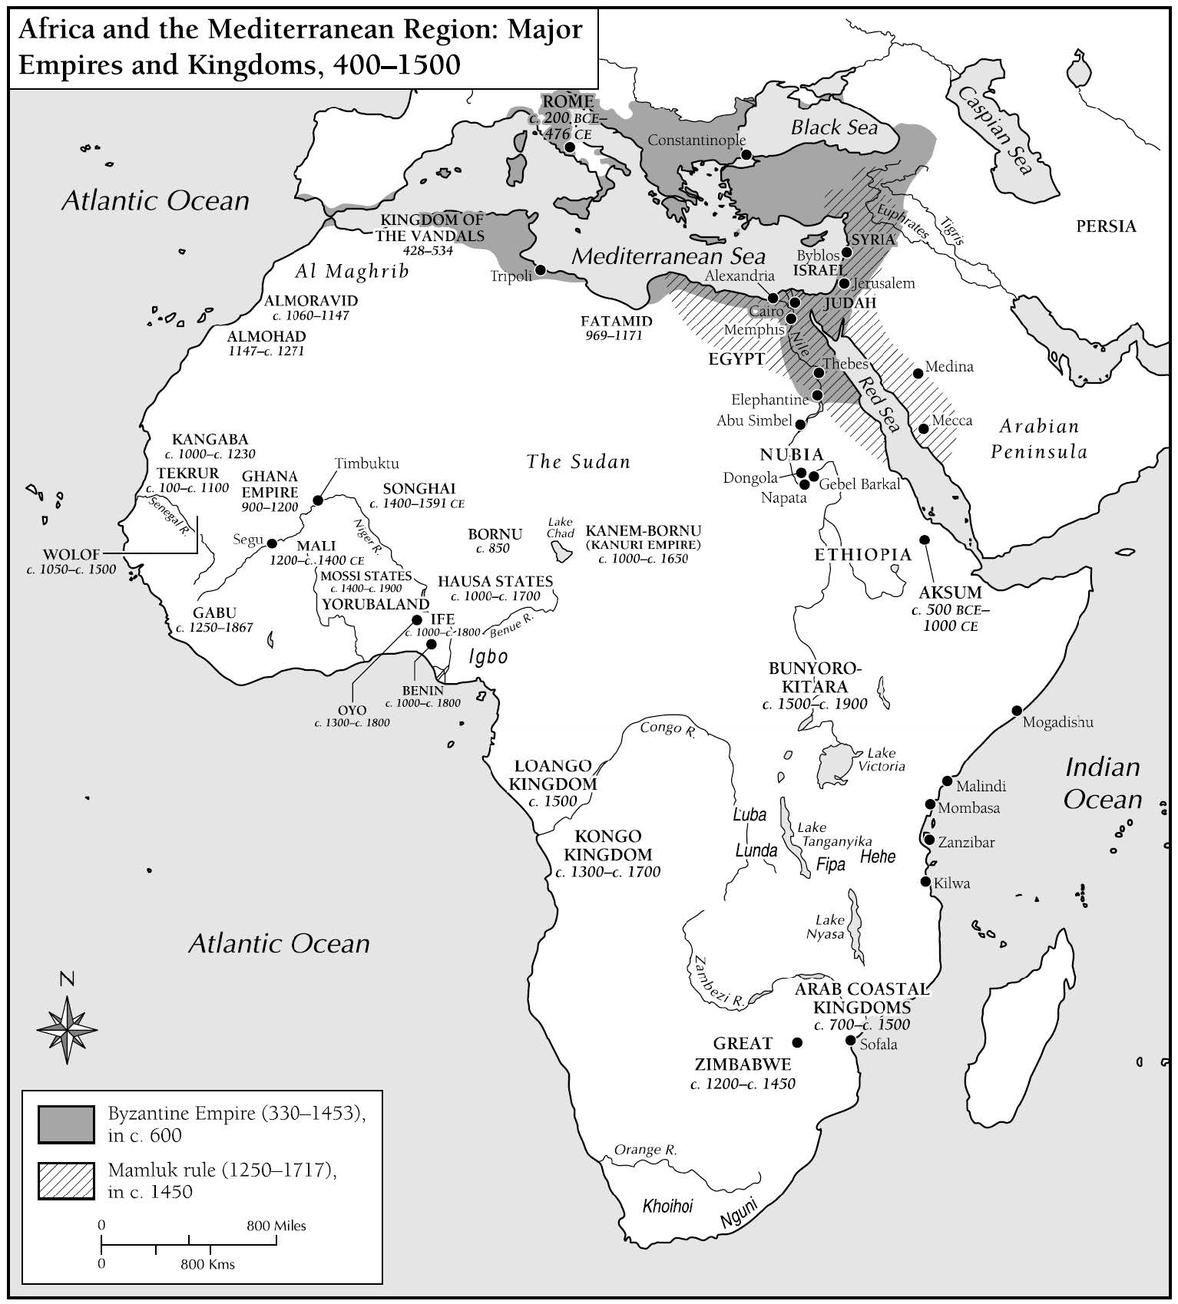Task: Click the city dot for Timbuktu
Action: click(x=317, y=500)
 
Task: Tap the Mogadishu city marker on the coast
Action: click(x=1017, y=710)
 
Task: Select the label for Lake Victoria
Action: click(x=881, y=760)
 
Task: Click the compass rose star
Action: click(x=68, y=1029)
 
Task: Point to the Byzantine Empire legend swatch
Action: click(x=66, y=1124)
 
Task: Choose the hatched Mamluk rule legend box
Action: click(x=66, y=1181)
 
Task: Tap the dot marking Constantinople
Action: click(x=746, y=154)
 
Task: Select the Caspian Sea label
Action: click(x=997, y=130)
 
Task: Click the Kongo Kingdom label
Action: click(x=607, y=845)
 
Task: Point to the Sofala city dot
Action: click(x=850, y=1040)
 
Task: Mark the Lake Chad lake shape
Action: click(x=562, y=550)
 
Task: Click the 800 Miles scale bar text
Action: click(x=276, y=1226)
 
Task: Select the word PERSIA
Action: click(x=1105, y=226)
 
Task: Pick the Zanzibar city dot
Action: click(x=929, y=840)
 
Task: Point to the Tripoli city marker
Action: click(x=541, y=269)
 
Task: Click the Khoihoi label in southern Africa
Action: click(x=667, y=1206)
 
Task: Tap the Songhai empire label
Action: click(x=419, y=488)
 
